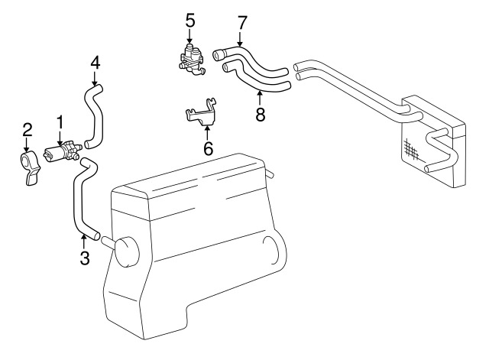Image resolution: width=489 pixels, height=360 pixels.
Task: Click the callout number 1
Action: pyautogui.click(x=60, y=121)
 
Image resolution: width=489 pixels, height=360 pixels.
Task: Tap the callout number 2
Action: pyautogui.click(x=27, y=128)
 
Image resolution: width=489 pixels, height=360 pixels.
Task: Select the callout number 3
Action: pyautogui.click(x=84, y=258)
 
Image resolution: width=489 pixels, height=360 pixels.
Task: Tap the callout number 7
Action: pyautogui.click(x=242, y=22)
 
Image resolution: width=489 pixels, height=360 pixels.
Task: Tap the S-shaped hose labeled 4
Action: pyautogui.click(x=96, y=115)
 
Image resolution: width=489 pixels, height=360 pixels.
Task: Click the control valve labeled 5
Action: pyautogui.click(x=190, y=59)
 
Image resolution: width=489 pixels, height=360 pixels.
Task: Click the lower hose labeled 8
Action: pyautogui.click(x=256, y=79)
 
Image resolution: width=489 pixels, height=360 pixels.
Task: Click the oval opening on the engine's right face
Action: pyautogui.click(x=270, y=253)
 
